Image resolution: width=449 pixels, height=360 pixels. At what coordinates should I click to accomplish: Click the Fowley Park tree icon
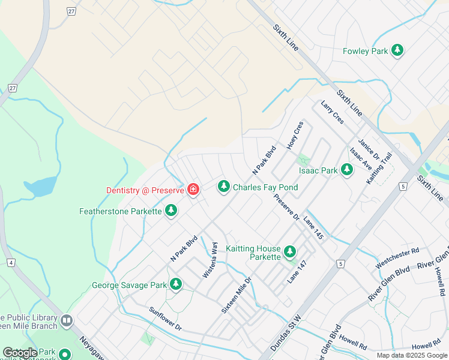[397, 51]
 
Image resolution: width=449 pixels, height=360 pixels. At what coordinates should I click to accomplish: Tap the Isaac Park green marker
[346, 170]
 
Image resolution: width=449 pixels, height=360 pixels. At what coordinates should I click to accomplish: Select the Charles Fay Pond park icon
[224, 187]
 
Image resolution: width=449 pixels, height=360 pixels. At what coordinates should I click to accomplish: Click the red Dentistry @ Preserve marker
[193, 190]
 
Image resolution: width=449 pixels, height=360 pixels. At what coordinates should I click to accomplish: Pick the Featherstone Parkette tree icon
[172, 211]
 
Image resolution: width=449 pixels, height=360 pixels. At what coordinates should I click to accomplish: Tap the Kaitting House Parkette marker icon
[290, 252]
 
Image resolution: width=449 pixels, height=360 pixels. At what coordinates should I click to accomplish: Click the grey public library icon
[66, 322]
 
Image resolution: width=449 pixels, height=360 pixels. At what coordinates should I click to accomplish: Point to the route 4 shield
[11, 262]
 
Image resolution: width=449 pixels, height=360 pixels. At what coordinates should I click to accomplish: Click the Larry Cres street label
[332, 112]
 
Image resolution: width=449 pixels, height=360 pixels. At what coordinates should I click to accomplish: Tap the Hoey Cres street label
[295, 136]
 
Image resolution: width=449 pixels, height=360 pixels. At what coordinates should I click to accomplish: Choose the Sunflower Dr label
[165, 320]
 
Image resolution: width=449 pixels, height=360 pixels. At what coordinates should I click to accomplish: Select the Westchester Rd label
[397, 257]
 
